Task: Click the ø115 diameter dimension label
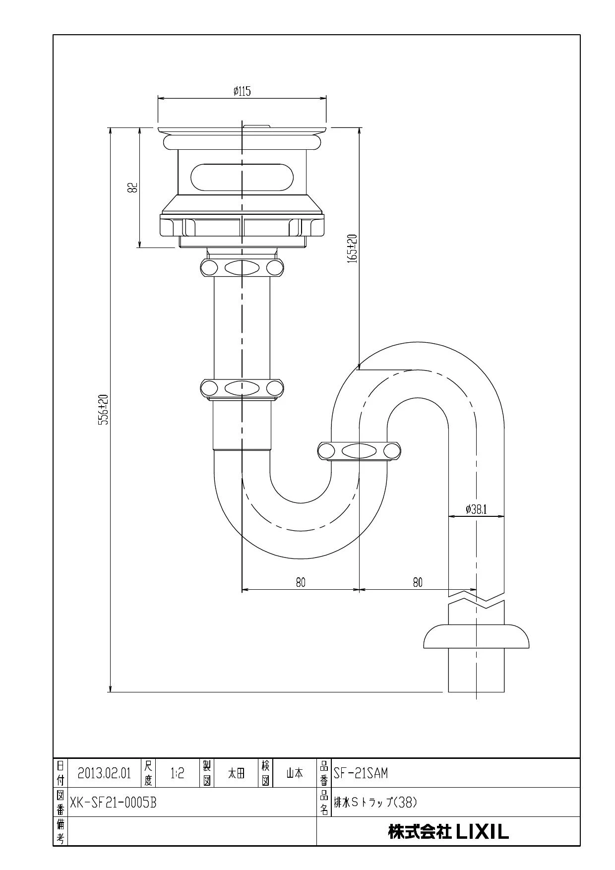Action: click(x=242, y=91)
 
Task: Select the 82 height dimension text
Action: click(x=132, y=187)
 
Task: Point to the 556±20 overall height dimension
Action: click(x=103, y=410)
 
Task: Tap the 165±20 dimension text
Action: click(x=353, y=249)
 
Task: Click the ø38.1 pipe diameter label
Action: click(x=476, y=509)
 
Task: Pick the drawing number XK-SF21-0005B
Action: click(x=113, y=803)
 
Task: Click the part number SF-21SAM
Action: click(x=361, y=773)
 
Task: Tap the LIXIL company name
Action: click(x=448, y=832)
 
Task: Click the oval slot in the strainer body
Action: click(x=242, y=177)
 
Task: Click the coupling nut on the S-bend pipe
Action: click(x=359, y=451)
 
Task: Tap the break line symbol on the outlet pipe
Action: click(x=476, y=599)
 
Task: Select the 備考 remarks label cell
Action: click(x=60, y=831)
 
